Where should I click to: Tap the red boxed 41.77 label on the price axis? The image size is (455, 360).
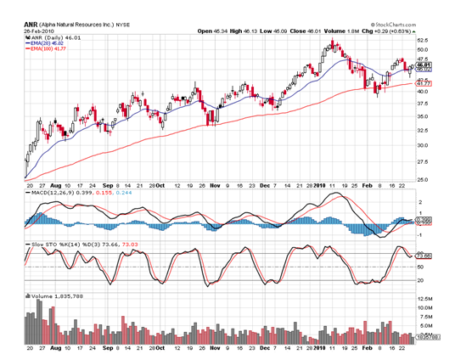[422, 84]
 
